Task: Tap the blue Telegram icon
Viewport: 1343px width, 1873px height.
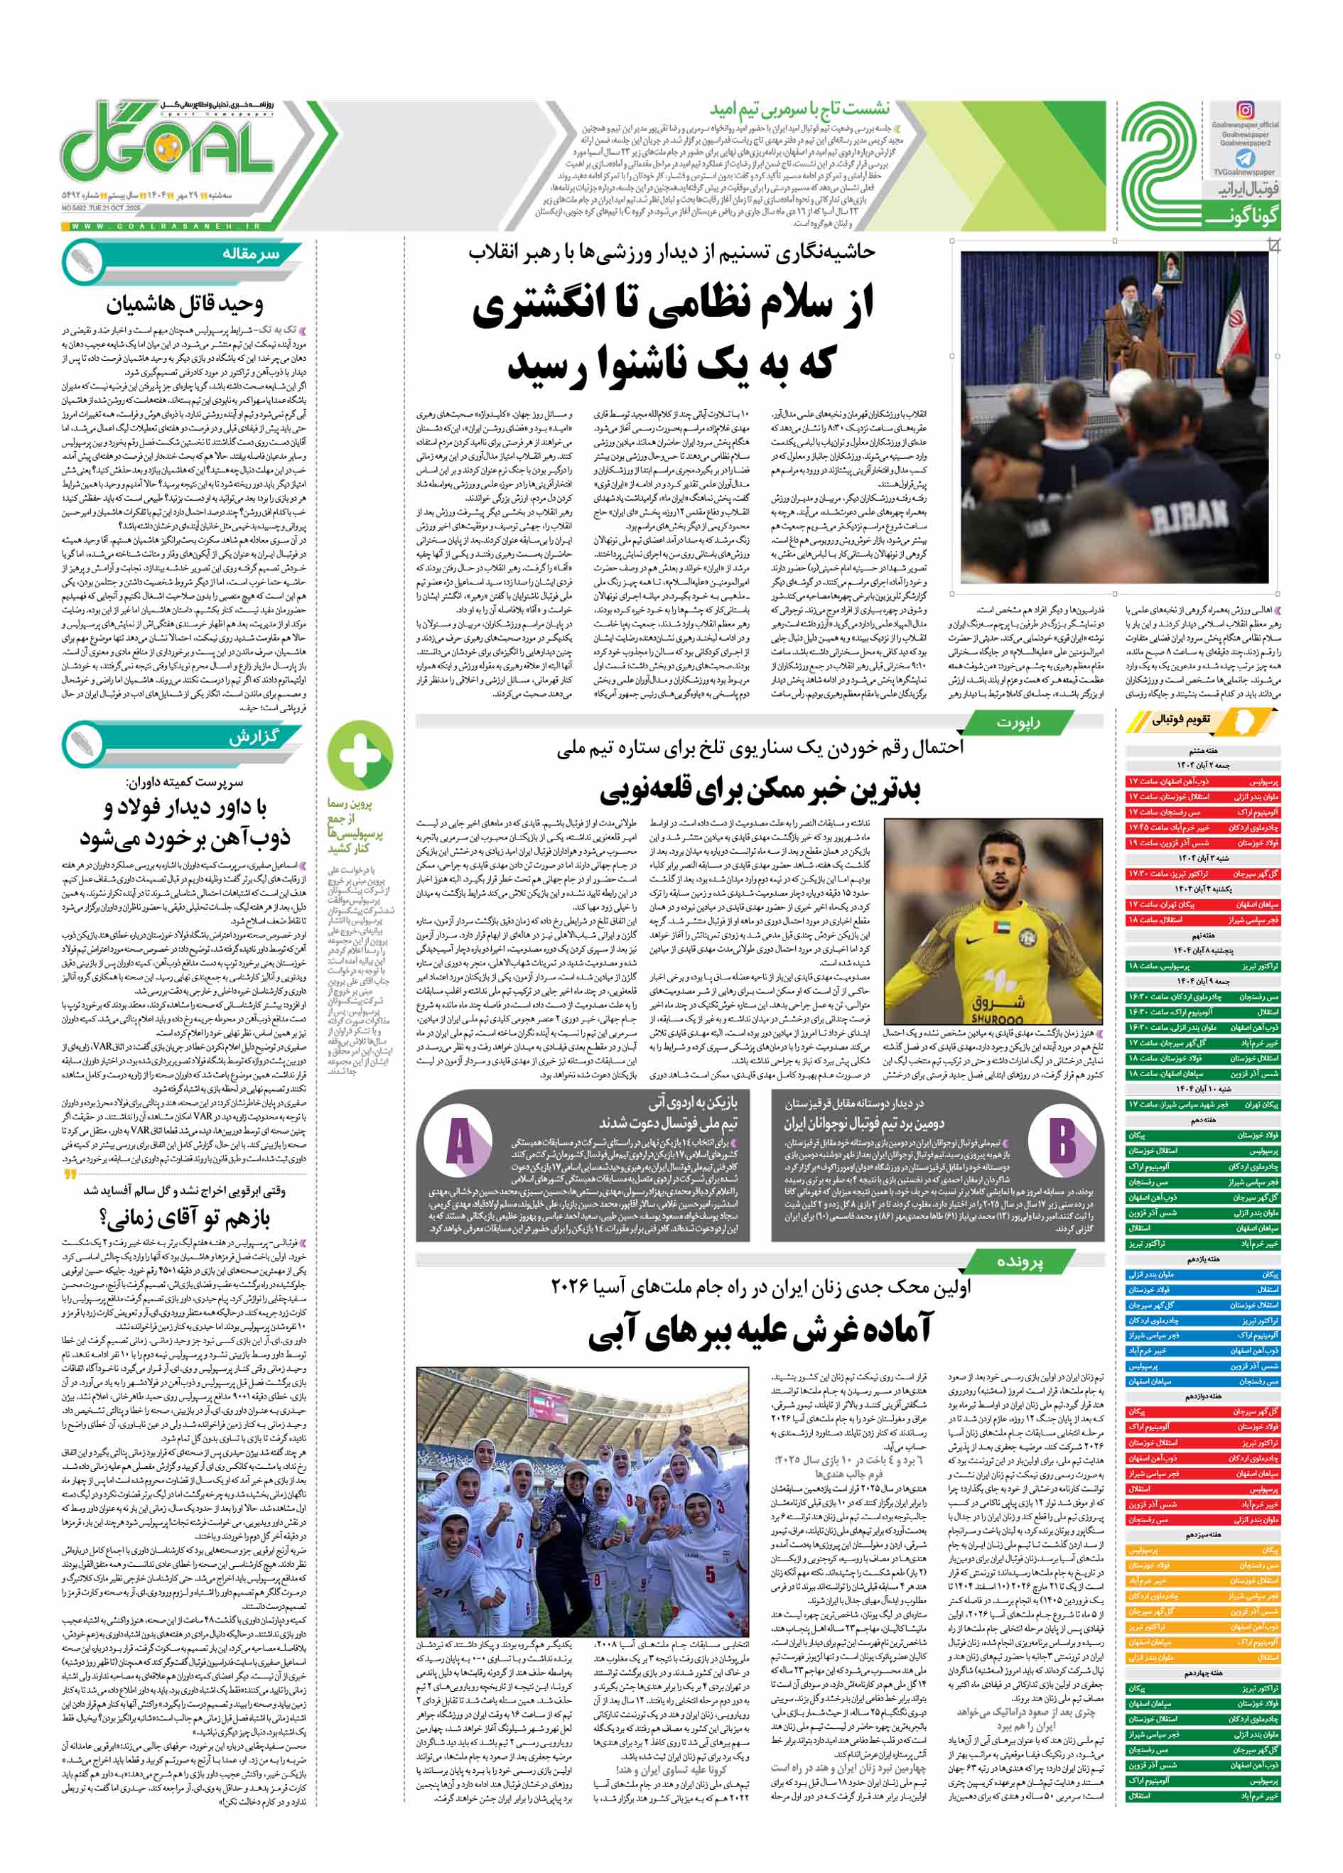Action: [x=1245, y=158]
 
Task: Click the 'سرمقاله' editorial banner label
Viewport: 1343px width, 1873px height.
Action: [x=250, y=255]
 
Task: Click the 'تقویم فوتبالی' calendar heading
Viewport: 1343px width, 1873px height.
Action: [x=1181, y=720]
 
